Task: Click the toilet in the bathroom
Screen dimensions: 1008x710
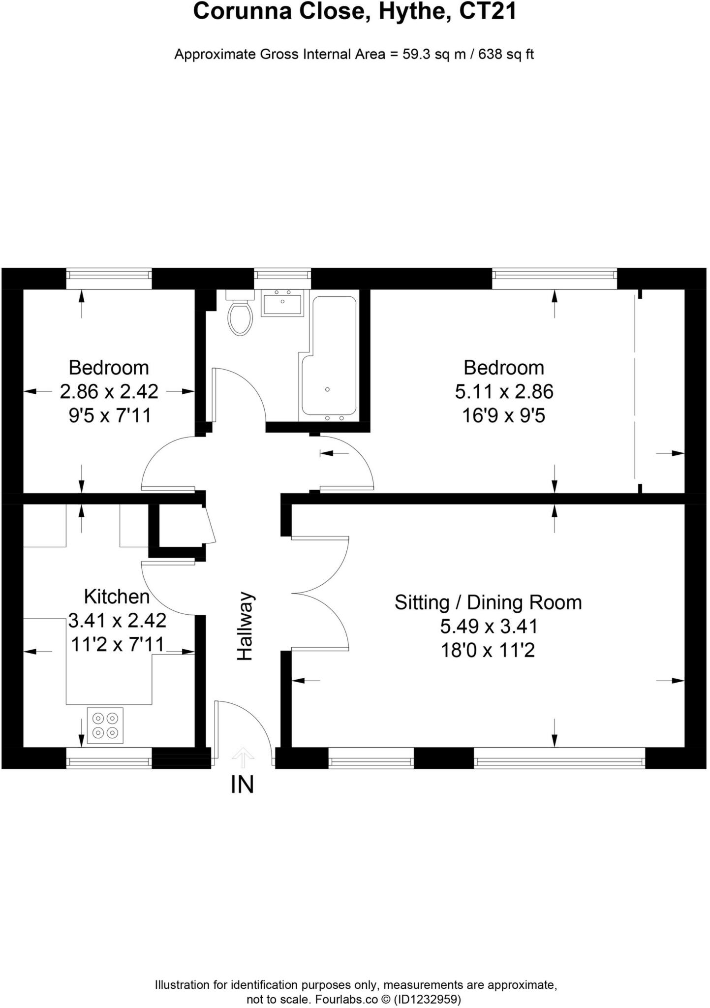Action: (x=240, y=317)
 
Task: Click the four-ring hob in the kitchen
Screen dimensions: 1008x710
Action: (x=105, y=725)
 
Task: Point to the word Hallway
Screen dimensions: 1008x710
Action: (x=245, y=626)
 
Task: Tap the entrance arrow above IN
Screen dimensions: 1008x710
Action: (x=243, y=757)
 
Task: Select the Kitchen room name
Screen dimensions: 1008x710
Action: (x=117, y=597)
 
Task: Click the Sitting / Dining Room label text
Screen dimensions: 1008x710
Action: (x=488, y=602)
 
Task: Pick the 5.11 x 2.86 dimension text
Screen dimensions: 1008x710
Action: (x=504, y=392)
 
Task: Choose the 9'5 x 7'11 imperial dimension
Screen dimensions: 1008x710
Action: (x=109, y=416)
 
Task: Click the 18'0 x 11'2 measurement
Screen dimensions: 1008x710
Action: (x=488, y=651)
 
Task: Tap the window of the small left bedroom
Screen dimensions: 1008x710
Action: (x=109, y=278)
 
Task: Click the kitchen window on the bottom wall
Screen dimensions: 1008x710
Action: (x=109, y=757)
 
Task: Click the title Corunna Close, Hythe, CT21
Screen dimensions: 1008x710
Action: (x=354, y=12)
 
